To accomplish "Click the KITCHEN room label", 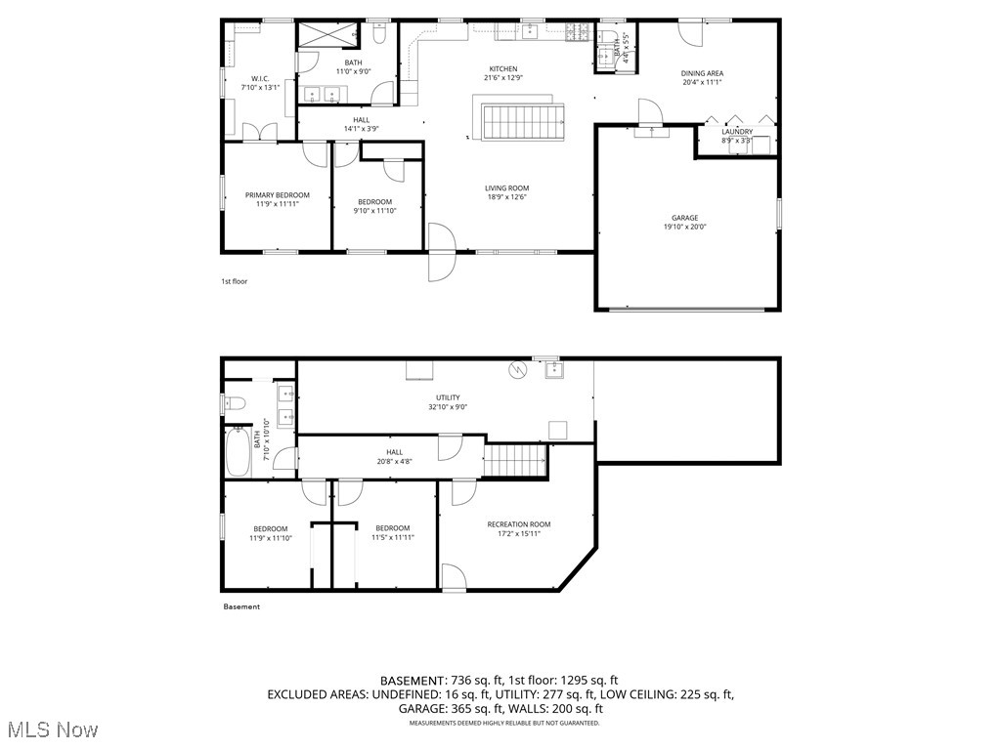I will coord(504,68).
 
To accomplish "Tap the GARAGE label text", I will coord(684,219).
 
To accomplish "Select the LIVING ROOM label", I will coord(506,188).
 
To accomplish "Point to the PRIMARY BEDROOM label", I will coord(277,195).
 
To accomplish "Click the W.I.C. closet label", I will coord(260,79).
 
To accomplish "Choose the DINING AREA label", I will coord(702,73).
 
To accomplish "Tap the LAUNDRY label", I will coord(737,132).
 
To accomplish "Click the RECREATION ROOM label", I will coord(519,524).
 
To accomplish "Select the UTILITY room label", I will coord(448,397).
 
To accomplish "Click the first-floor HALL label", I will coord(361,120).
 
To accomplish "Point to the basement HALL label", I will coord(394,452).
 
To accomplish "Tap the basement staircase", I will coord(515,459).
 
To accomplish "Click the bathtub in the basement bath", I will coord(238,451).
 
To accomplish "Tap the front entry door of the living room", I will coord(442,253).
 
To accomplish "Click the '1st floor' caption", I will coord(234,281).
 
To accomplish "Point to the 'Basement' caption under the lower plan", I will coord(241,606).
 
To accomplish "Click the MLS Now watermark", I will coord(51,729).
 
